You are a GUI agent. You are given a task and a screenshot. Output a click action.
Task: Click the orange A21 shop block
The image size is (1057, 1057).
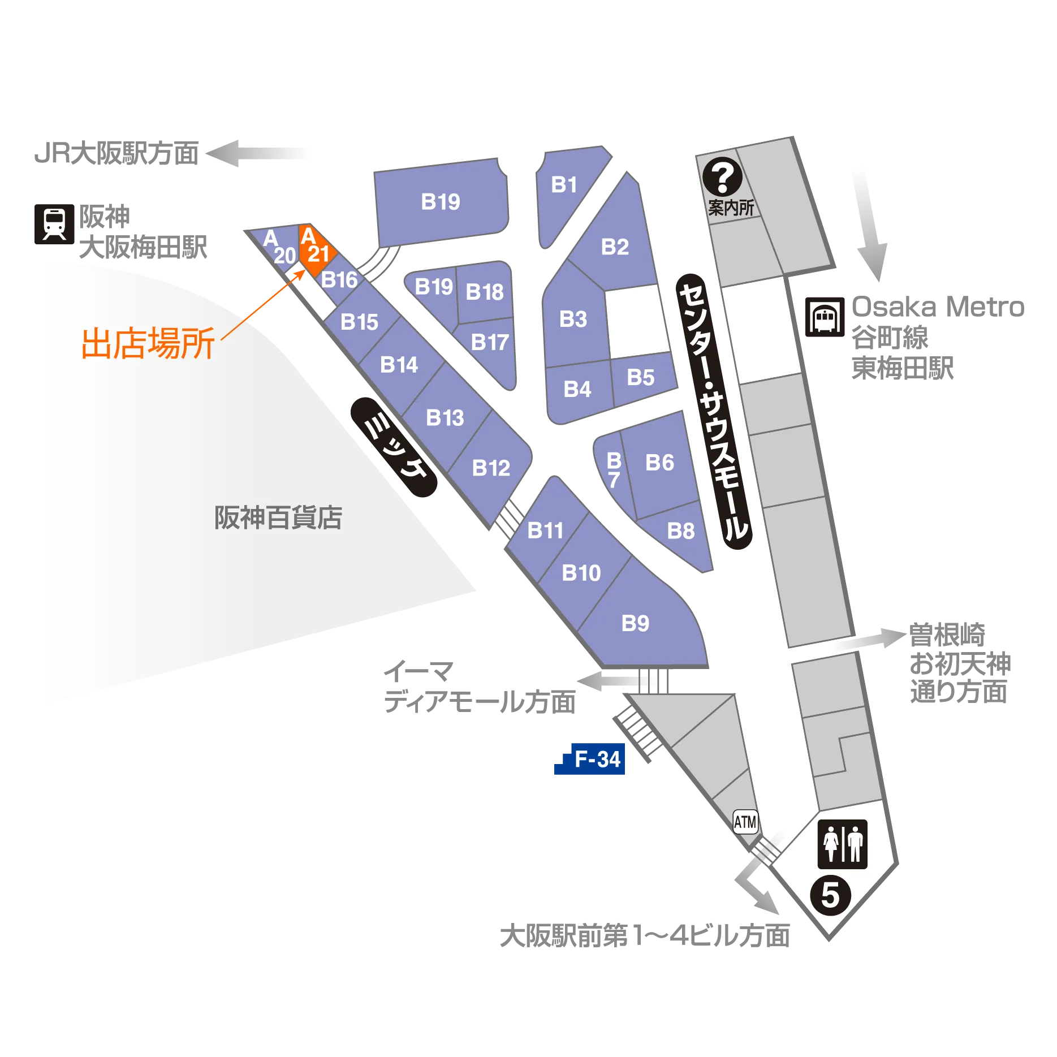point(317,250)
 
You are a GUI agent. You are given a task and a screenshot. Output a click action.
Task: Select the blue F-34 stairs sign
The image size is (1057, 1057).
point(590,758)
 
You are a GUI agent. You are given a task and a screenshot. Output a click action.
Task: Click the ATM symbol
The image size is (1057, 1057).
point(745,822)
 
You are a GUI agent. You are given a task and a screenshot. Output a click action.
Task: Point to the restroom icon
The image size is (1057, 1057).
point(843,844)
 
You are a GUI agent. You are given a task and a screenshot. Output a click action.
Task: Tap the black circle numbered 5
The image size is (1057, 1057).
point(830,895)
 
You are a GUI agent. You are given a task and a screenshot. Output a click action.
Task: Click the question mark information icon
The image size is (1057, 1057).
point(723,177)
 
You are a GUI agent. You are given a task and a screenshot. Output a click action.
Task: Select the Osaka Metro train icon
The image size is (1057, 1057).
point(825,317)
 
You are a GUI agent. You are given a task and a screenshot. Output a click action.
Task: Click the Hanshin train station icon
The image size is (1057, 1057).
point(54,224)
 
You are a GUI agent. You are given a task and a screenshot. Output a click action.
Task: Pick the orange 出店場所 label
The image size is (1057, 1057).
point(148,343)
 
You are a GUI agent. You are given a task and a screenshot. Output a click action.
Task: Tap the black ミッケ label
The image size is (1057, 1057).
point(394,447)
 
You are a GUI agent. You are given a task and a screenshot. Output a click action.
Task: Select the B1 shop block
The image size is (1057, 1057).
point(568,192)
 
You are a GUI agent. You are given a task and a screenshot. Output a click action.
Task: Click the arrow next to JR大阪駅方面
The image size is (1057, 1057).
point(258,153)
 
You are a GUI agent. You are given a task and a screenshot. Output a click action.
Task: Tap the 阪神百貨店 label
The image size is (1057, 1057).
point(278,517)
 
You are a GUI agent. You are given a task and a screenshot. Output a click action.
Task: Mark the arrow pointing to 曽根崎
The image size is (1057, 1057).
point(868,639)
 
